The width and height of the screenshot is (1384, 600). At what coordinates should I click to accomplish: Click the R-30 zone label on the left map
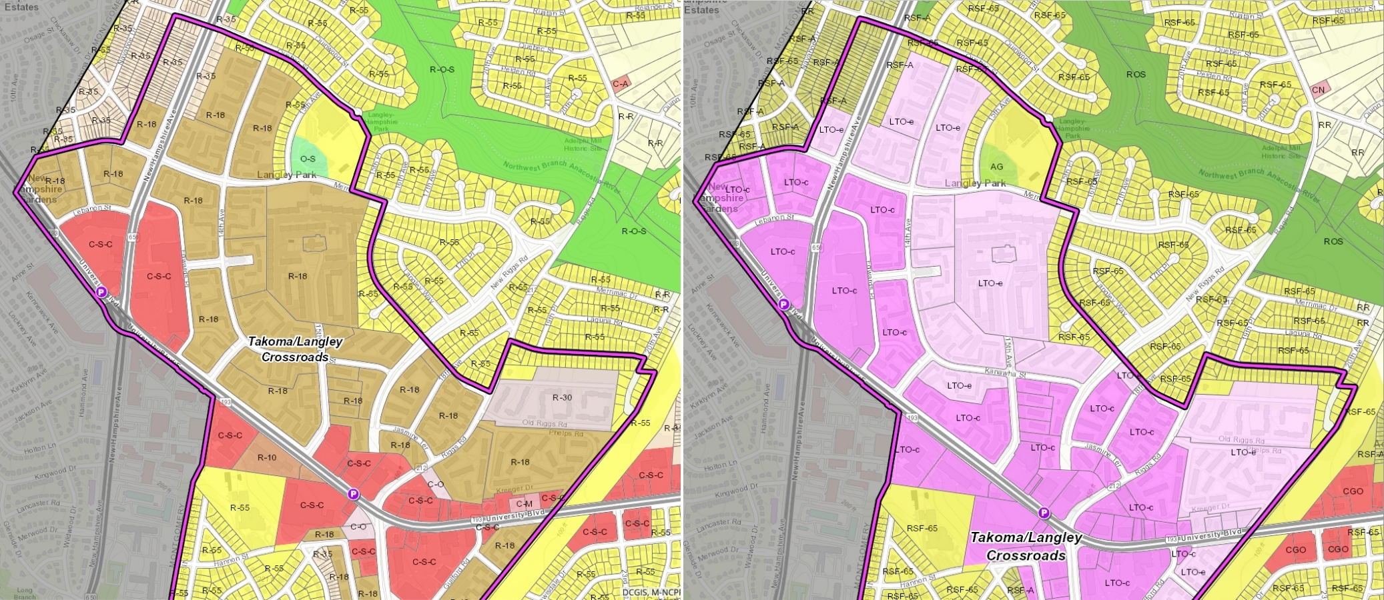pyautogui.click(x=562, y=397)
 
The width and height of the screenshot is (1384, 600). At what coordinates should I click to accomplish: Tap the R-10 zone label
pyautogui.click(x=267, y=457)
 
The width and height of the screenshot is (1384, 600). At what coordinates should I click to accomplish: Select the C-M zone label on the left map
pyautogui.click(x=525, y=504)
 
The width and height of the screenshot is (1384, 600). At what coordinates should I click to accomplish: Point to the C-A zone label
pyautogui.click(x=620, y=84)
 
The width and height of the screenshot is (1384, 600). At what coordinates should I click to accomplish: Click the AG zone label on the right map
pyautogui.click(x=996, y=167)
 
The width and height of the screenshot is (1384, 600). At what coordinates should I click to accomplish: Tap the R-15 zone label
pyautogui.click(x=322, y=554)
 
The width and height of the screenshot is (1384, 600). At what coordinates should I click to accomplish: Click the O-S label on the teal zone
pyautogui.click(x=308, y=159)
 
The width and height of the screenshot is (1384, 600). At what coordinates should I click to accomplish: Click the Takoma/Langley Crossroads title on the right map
pyautogui.click(x=1026, y=546)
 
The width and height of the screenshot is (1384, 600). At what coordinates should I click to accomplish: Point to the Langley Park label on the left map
pyautogui.click(x=286, y=175)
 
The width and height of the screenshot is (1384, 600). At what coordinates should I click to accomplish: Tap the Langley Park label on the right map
pyautogui.click(x=975, y=183)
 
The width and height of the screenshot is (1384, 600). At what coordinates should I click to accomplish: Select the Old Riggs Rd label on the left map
pyautogui.click(x=545, y=424)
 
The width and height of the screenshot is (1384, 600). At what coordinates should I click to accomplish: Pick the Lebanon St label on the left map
pyautogui.click(x=92, y=209)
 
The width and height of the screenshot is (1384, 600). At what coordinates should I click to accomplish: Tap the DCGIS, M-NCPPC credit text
pyautogui.click(x=651, y=592)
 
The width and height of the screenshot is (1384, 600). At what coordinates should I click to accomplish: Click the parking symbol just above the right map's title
pyautogui.click(x=1044, y=513)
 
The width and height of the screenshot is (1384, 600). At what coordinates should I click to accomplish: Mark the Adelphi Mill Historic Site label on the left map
pyautogui.click(x=583, y=145)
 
